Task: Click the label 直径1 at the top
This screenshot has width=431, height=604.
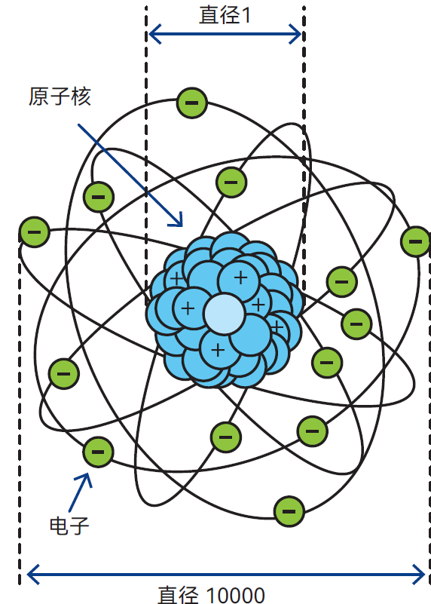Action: (225, 15)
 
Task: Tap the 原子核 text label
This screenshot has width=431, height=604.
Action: (60, 97)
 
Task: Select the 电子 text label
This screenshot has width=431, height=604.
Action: (69, 526)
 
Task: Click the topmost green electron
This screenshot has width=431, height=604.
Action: (192, 103)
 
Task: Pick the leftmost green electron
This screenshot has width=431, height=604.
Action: (35, 232)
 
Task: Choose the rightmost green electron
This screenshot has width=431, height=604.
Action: (415, 241)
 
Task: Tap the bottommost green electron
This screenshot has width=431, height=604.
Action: (289, 511)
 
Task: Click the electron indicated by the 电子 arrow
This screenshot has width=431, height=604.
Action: (98, 452)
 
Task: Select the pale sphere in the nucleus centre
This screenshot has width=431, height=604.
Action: (225, 314)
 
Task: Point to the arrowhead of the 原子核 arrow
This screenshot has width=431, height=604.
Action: (178, 222)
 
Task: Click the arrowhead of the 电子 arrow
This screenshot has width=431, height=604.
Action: (86, 479)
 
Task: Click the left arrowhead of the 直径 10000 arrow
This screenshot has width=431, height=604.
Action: (32, 575)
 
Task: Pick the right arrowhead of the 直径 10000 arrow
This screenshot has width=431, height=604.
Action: (420, 575)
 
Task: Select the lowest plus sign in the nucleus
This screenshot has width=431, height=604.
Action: (218, 350)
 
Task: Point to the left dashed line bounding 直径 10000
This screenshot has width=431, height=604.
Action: (20, 408)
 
